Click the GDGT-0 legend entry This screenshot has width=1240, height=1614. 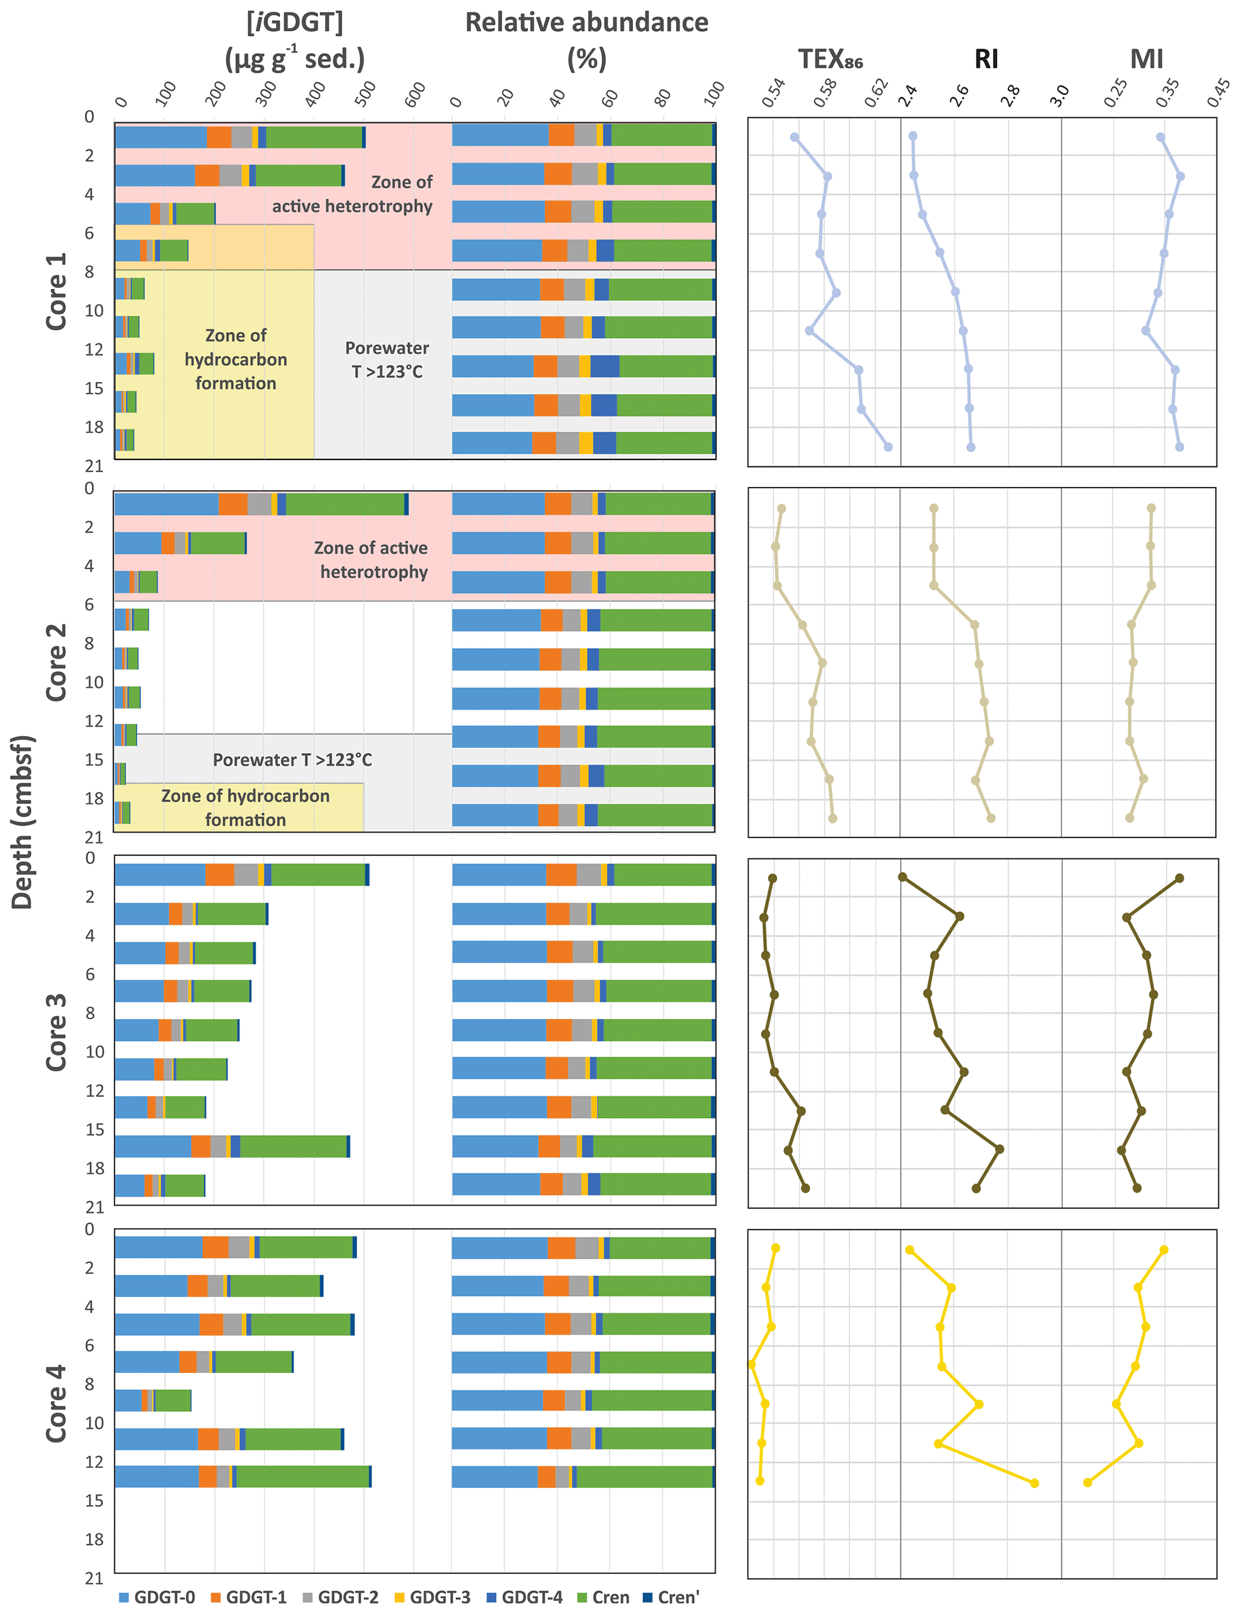coord(157,1597)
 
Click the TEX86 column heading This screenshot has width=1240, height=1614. coord(830,59)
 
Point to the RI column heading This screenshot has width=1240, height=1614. coord(986,59)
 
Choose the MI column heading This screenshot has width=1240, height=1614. coord(1146,59)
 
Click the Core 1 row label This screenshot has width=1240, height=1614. coord(56,291)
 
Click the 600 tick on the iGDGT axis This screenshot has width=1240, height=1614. coord(416,94)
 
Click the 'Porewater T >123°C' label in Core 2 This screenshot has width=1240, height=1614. coord(292,759)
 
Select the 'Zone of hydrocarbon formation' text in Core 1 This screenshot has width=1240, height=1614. coord(235,359)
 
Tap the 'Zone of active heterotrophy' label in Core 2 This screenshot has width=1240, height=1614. coord(373,560)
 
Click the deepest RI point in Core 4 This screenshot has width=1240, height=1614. coord(1034,1483)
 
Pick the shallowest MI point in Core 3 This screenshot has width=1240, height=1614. coord(1179,878)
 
